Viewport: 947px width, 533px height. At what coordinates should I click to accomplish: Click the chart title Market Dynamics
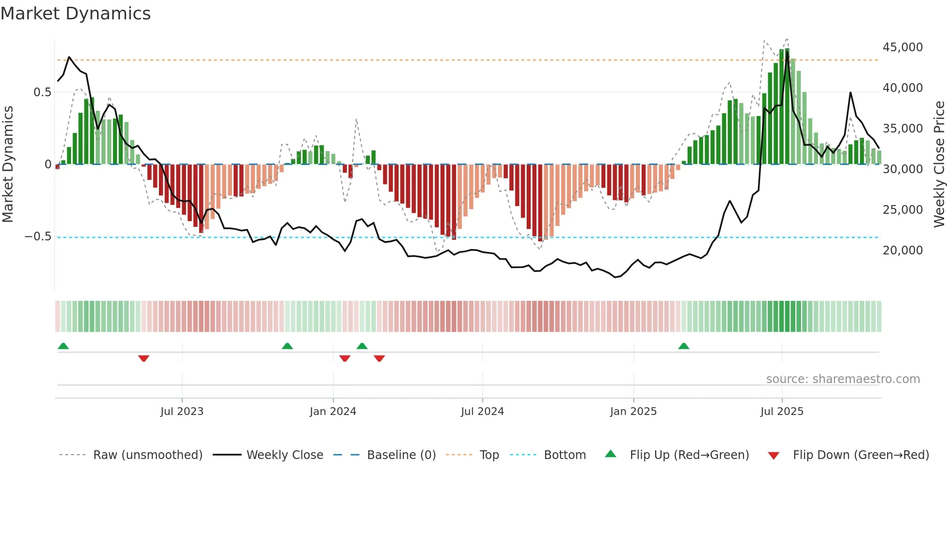(x=75, y=14)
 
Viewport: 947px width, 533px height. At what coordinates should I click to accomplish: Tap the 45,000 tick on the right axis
(x=903, y=47)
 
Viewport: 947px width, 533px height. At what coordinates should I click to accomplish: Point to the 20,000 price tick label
(x=903, y=251)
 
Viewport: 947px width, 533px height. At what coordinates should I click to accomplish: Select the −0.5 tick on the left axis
(x=38, y=237)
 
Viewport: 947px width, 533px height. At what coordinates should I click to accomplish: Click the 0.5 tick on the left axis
(x=42, y=92)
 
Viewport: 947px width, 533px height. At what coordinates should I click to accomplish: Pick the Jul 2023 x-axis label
(x=182, y=412)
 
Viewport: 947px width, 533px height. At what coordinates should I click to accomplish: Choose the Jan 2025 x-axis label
(x=633, y=412)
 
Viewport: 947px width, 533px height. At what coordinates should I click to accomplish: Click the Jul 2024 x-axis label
(x=482, y=412)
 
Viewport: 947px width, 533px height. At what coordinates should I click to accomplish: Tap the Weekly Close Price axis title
(x=939, y=164)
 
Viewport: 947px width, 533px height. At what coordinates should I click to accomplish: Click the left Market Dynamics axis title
(x=8, y=164)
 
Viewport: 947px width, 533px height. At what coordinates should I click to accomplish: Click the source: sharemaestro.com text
(x=843, y=379)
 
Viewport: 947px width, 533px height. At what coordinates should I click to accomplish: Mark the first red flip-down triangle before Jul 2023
(x=143, y=358)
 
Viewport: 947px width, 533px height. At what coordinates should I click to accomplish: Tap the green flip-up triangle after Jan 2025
(x=683, y=346)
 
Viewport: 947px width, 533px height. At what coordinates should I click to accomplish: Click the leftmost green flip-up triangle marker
(x=63, y=346)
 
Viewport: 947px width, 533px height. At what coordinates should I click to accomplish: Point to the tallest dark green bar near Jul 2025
(x=787, y=106)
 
